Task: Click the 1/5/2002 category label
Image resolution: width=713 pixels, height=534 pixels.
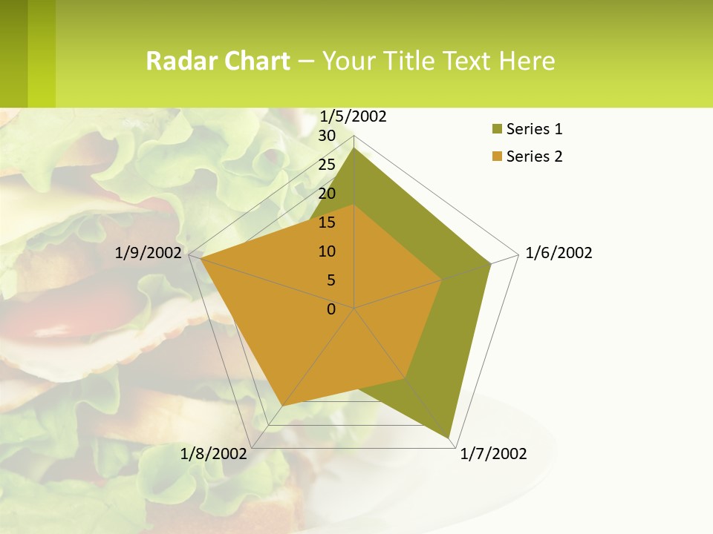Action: click(x=354, y=116)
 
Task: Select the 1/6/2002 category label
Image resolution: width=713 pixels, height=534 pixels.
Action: click(x=559, y=253)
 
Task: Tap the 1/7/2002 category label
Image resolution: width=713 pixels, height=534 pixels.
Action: click(x=493, y=454)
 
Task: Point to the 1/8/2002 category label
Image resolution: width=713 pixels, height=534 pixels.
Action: click(x=213, y=454)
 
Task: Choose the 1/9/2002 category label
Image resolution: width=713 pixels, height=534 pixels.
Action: click(x=148, y=253)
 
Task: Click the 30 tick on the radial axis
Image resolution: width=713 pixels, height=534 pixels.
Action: click(x=327, y=136)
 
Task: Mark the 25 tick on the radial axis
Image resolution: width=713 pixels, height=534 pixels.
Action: click(x=327, y=165)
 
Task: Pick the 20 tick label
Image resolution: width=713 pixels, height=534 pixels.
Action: click(x=327, y=194)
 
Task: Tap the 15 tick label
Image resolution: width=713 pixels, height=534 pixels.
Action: click(x=327, y=222)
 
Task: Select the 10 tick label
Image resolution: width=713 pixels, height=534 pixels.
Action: click(x=327, y=251)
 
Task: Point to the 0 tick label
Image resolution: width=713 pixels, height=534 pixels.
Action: click(x=331, y=309)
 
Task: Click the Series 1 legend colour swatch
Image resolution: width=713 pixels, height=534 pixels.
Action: click(x=496, y=130)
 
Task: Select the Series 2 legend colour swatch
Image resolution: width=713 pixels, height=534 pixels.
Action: click(x=496, y=156)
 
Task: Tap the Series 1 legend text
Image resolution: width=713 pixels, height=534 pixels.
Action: click(x=534, y=129)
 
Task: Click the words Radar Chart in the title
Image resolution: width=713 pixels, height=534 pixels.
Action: click(x=218, y=61)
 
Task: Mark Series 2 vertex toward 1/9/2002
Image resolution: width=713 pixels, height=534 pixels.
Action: click(x=201, y=258)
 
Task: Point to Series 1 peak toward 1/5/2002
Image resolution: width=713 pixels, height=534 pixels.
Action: click(x=354, y=148)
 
